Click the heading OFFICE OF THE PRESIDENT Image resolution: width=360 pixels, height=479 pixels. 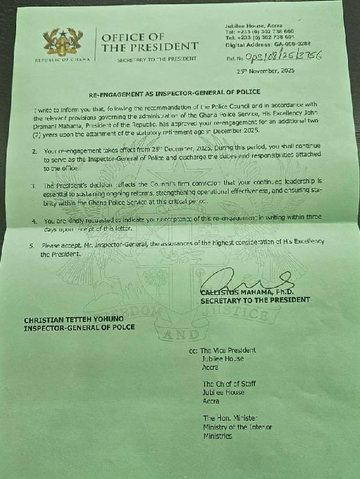click(149, 42)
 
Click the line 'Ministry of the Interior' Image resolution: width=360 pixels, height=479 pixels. click(238, 427)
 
